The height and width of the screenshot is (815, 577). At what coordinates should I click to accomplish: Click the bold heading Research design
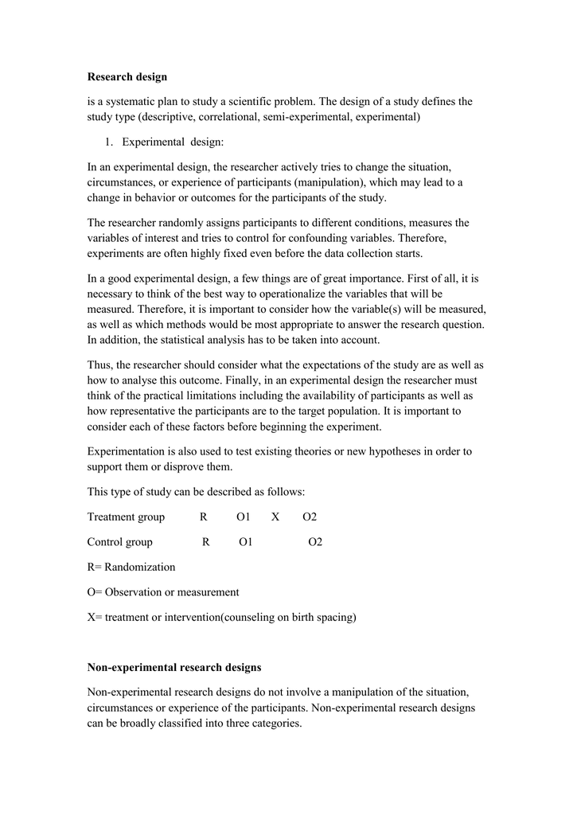[127, 77]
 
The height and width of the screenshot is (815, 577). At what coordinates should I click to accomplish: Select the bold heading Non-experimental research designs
[173, 667]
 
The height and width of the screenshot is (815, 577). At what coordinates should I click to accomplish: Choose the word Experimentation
[124, 451]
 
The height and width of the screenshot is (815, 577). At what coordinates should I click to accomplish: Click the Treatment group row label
[126, 517]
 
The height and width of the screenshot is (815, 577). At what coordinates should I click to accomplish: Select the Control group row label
[119, 543]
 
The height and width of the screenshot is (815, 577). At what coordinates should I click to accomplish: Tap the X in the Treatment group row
[275, 517]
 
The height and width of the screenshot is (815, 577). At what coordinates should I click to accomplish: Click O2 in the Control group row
[315, 543]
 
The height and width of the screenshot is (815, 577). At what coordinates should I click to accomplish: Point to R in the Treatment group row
[204, 517]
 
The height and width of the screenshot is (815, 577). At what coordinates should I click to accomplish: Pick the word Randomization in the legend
[140, 567]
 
